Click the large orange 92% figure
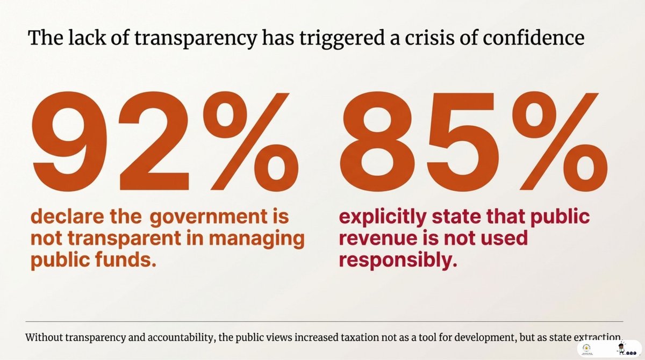[x=164, y=142]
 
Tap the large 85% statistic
[x=474, y=142]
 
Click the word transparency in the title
[x=196, y=39]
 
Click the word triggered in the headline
[x=342, y=39]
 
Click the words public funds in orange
[x=94, y=260]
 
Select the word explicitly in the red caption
[x=383, y=217]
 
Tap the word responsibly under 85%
[x=398, y=260]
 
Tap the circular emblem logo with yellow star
[x=586, y=348]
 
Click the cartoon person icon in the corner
[x=621, y=348]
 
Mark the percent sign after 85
[x=561, y=142]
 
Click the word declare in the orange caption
[x=67, y=217]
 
